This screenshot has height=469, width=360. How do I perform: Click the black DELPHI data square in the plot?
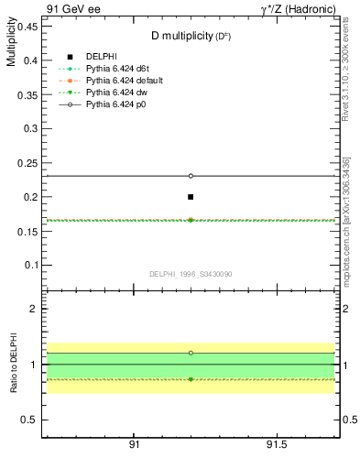(191, 197)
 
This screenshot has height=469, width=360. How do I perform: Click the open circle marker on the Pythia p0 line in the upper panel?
(191, 176)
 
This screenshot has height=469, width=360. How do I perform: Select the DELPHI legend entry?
(101, 58)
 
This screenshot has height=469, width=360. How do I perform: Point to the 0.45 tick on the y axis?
(27, 26)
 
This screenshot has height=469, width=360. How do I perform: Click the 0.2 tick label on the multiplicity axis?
(30, 197)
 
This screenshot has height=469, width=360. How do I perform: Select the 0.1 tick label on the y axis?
(30, 266)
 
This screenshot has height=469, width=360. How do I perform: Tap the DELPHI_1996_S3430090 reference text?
(191, 273)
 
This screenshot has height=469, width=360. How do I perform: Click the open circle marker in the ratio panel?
(191, 353)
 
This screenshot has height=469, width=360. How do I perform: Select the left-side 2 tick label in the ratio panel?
(33, 310)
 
